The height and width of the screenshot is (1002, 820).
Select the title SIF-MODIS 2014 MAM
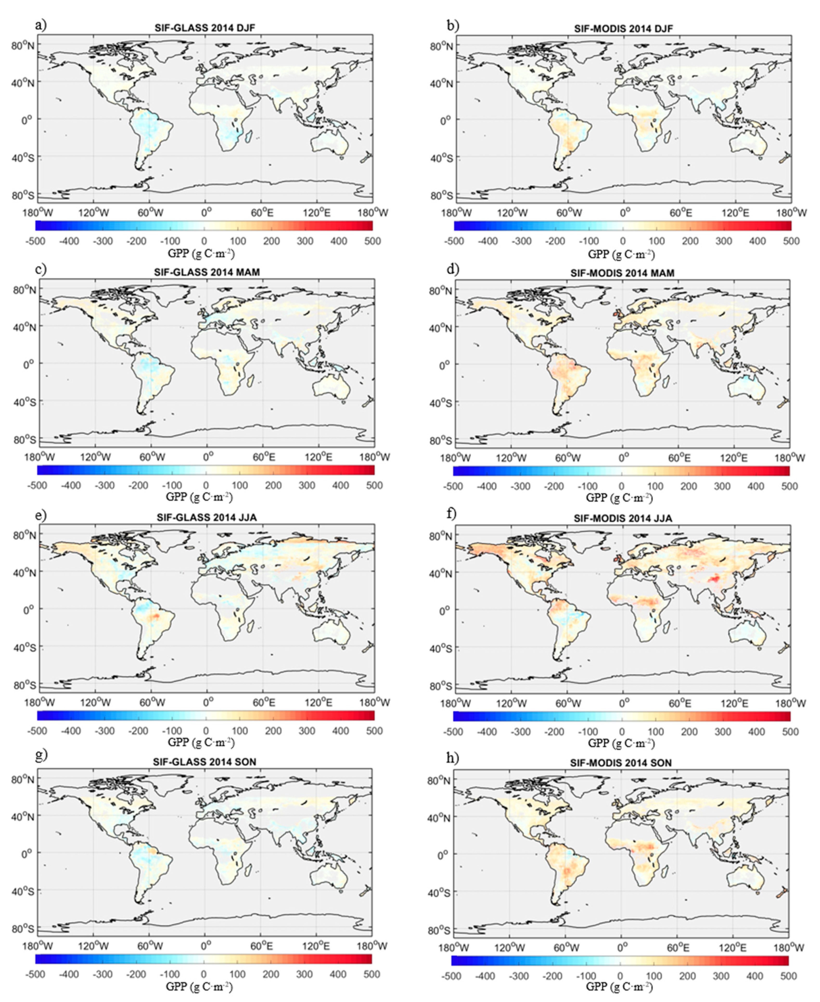pos(622,273)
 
